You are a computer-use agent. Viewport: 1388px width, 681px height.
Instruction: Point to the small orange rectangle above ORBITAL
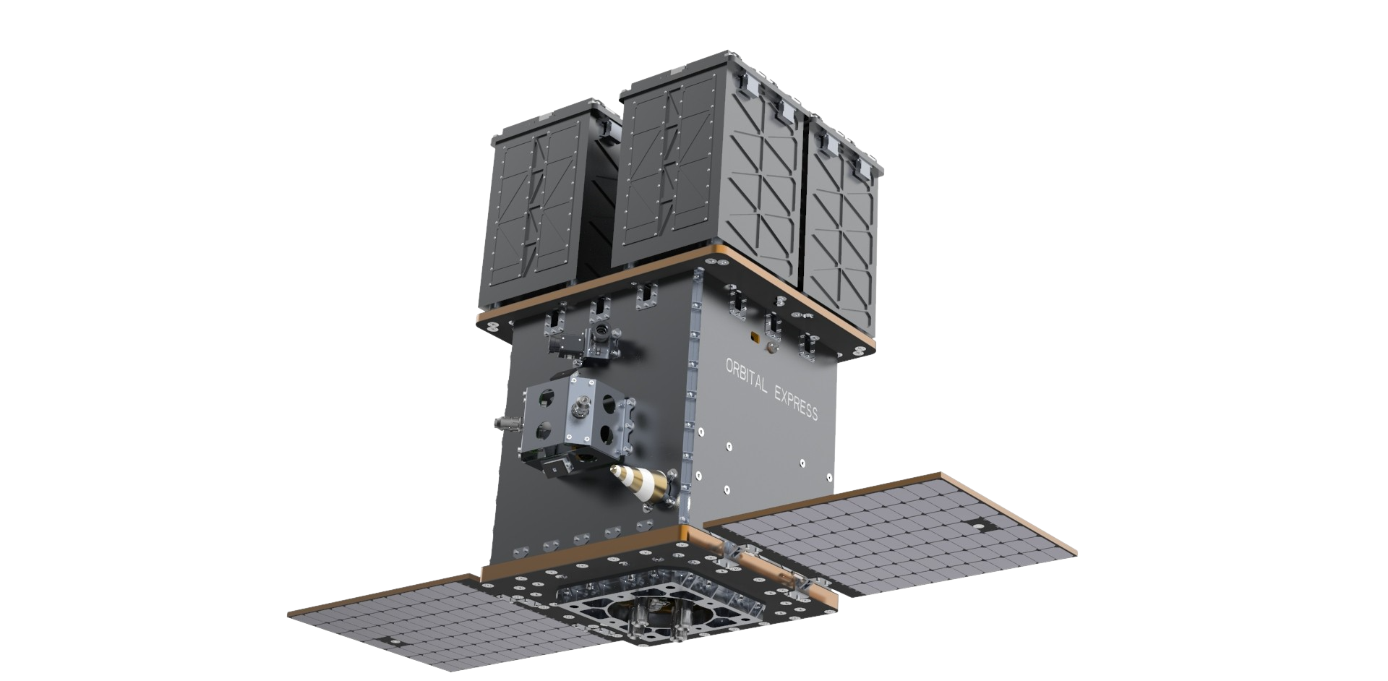tap(756, 338)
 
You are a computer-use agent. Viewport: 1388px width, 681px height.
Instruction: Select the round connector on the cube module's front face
tap(578, 412)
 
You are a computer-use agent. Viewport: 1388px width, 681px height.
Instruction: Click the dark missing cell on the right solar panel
tap(979, 526)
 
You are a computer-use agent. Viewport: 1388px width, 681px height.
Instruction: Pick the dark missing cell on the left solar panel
tap(395, 639)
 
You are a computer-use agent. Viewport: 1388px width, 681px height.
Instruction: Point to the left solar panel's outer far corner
tap(289, 615)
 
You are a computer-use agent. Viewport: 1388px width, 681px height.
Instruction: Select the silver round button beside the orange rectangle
tap(772, 348)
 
